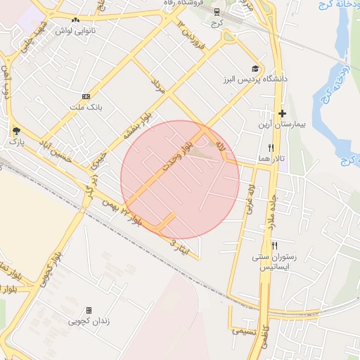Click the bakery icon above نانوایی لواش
coord(75,20)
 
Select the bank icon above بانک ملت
coord(86,96)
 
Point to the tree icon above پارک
coord(16,130)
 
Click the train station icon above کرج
coord(217,11)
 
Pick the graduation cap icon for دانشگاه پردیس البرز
coord(255,69)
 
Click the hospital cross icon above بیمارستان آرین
coord(282,113)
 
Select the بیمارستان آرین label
coord(281,124)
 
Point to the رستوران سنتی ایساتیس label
coord(275,262)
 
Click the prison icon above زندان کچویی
coord(89,310)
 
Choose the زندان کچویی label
coord(89,321)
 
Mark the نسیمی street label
coord(245,330)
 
